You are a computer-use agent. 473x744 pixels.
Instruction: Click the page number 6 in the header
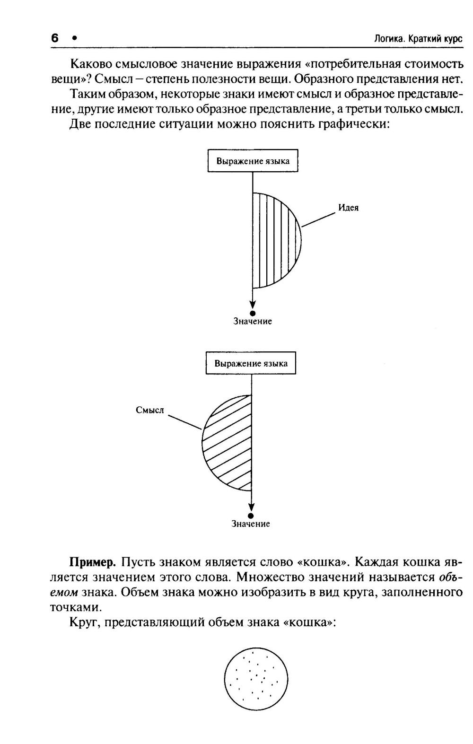coord(55,38)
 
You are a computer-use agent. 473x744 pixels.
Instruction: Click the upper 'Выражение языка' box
coord(253,161)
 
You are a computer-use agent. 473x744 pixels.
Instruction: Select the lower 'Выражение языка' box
coord(251,364)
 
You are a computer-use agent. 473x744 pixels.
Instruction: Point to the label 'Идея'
coord(348,208)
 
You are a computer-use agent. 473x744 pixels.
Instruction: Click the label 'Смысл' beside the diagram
coord(150,410)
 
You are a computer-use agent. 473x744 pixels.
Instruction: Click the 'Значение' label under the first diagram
coord(253,322)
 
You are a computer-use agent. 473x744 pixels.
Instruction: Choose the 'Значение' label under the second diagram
coord(251,524)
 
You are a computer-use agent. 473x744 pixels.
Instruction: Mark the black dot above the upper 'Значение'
coord(253,313)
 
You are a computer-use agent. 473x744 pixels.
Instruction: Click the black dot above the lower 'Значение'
coord(251,516)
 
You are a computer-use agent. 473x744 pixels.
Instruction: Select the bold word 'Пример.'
coord(93,562)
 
